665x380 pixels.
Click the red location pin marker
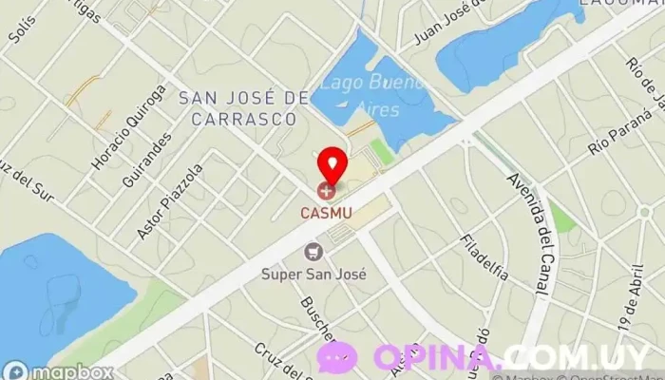[330, 164]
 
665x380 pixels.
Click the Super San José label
[314, 274]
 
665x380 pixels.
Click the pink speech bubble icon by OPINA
[338, 356]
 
